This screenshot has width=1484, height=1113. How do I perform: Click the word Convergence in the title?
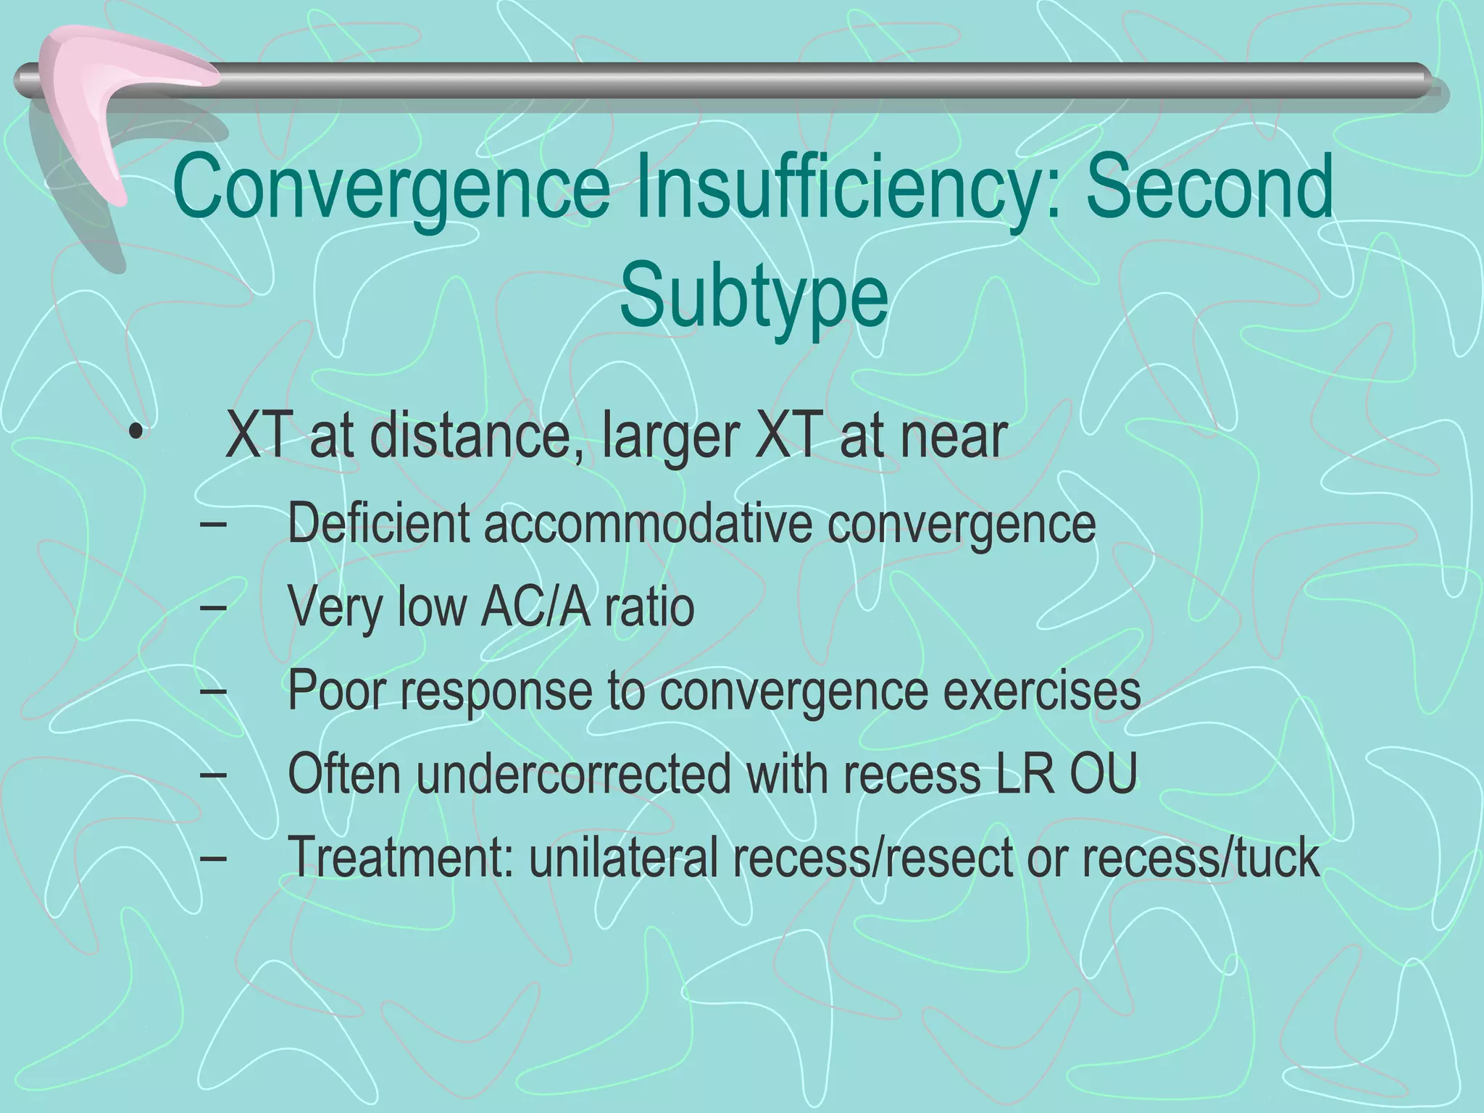point(391,188)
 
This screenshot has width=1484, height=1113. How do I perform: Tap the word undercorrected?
point(573,773)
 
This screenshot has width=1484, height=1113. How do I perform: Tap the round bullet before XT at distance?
point(134,437)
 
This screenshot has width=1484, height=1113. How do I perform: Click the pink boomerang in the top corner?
point(109,101)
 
